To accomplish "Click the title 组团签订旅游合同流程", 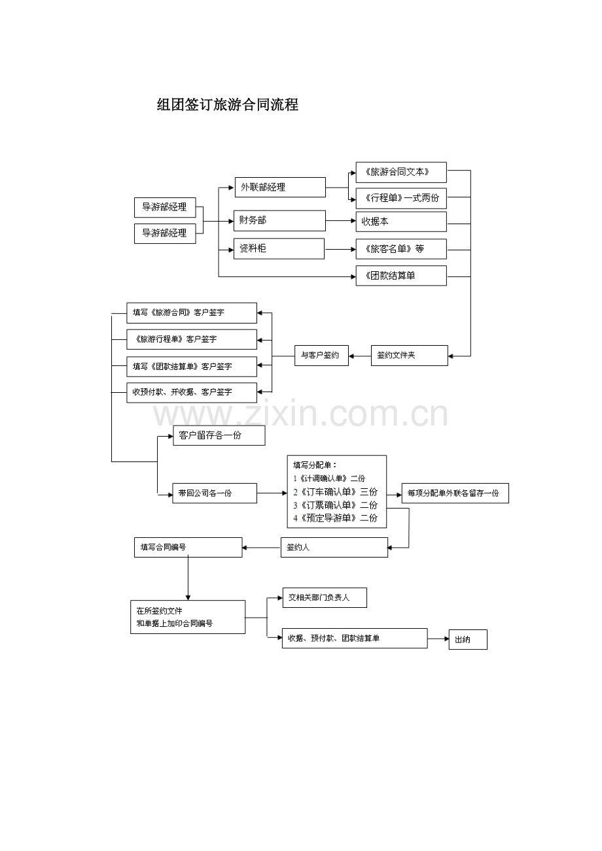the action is (228, 105).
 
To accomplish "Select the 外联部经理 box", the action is (280, 187).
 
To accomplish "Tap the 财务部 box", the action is (279, 220).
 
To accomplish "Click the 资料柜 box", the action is (279, 248).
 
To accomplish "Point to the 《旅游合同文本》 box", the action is (401, 172).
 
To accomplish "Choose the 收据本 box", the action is (401, 222).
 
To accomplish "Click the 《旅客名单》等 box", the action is (401, 249).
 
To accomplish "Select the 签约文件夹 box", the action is (409, 355).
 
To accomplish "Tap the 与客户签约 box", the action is (321, 355).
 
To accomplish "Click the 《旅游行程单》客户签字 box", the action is (192, 339).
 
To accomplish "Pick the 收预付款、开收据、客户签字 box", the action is (192, 392).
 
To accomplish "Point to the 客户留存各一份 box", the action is (219, 435).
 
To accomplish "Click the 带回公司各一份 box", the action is (215, 493).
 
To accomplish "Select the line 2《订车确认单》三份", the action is (335, 492).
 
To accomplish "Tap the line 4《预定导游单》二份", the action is (335, 518).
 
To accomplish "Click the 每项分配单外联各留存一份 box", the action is (455, 493).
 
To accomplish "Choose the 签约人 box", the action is (334, 547).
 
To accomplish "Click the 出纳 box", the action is (468, 639).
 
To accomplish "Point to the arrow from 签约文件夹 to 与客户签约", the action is (360, 356).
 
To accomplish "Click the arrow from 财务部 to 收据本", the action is (341, 221).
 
